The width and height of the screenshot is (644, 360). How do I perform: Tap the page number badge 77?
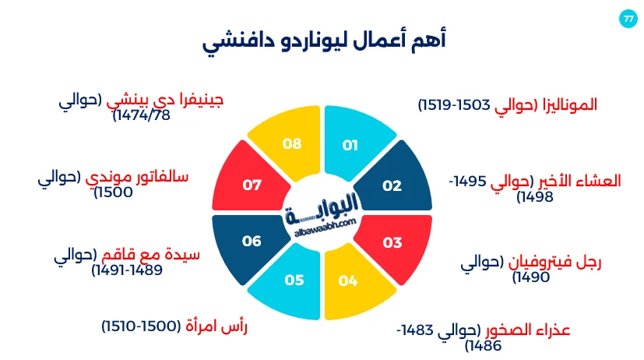[628, 19]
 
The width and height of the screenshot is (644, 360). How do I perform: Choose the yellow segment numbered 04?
[349, 281]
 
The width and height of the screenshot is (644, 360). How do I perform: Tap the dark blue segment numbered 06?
[250, 242]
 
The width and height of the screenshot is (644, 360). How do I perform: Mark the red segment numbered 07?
[250, 185]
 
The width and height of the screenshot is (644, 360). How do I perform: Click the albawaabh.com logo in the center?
[322, 211]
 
